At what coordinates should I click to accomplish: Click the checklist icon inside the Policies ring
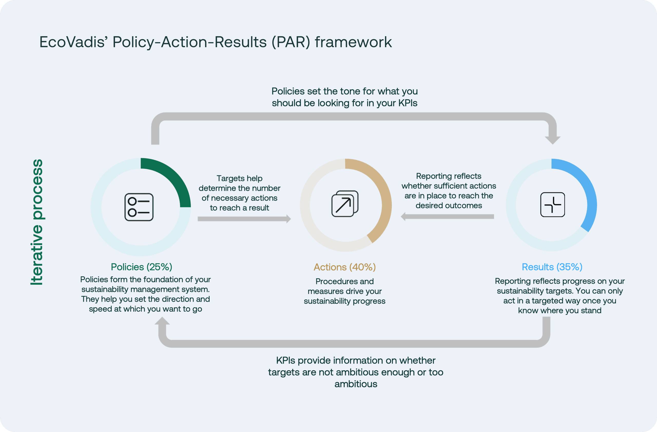click(x=139, y=207)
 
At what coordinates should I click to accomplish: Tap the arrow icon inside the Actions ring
click(x=345, y=204)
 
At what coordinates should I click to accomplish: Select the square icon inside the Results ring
click(x=552, y=205)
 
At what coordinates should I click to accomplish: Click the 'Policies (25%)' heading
click(x=141, y=267)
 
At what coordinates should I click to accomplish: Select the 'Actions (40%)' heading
click(x=345, y=267)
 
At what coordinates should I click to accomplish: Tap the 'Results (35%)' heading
click(x=552, y=267)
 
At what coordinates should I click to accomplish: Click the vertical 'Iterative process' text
click(x=37, y=222)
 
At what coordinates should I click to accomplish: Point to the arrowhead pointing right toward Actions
click(x=288, y=219)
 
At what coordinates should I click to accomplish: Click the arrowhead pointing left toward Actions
click(x=403, y=217)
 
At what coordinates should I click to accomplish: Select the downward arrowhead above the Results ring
click(x=552, y=140)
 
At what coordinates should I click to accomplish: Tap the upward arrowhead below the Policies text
click(x=162, y=321)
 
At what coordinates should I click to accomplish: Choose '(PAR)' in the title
click(x=291, y=42)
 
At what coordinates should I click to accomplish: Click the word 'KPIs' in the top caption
click(x=408, y=103)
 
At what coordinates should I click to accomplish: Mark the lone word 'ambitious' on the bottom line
click(x=356, y=384)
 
